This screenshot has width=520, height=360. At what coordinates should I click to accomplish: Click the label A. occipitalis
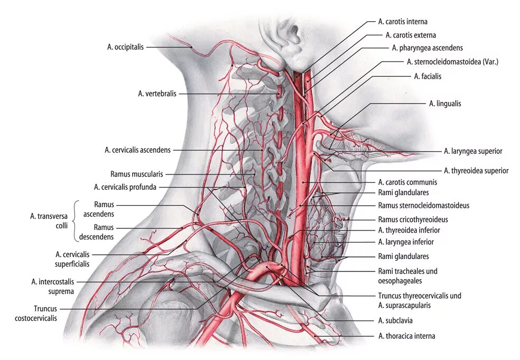click(125, 47)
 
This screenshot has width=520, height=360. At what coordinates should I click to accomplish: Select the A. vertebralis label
click(157, 94)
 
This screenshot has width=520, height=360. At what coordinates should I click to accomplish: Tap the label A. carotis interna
click(403, 22)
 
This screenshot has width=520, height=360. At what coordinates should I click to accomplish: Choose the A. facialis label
click(428, 76)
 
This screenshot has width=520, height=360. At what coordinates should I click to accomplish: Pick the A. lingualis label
click(445, 104)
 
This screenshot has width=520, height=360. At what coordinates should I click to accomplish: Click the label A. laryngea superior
click(473, 151)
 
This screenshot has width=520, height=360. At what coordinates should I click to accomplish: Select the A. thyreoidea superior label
click(476, 171)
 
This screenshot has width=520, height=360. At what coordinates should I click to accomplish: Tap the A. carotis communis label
click(407, 182)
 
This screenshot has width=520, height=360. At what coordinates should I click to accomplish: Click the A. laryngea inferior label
click(406, 242)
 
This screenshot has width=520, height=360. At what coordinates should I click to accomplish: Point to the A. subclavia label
click(395, 320)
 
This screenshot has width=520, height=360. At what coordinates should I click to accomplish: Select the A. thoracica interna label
click(407, 336)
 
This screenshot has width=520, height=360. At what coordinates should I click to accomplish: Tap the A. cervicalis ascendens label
click(137, 150)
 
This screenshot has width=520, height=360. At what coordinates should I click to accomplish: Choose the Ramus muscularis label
click(137, 173)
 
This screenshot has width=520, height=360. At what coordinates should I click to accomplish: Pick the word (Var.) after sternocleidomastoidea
click(489, 62)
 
